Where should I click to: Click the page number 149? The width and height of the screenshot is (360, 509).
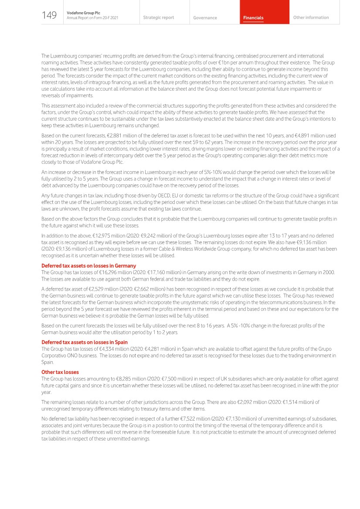pyautogui.click(x=49, y=16)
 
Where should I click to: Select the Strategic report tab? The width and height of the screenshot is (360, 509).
pyautogui.click(x=158, y=17)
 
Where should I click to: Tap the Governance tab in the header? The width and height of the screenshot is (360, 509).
pyautogui.click(x=205, y=18)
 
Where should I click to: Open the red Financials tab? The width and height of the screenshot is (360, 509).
pyautogui.click(x=253, y=18)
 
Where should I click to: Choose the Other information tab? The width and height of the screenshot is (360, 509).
pyautogui.click(x=311, y=17)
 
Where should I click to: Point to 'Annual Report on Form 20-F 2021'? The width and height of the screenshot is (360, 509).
pyautogui.click(x=92, y=18)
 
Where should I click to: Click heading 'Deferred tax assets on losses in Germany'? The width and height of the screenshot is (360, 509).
pyautogui.click(x=88, y=266)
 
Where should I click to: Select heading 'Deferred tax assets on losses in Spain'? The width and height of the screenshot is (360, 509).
pyautogui.click(x=84, y=342)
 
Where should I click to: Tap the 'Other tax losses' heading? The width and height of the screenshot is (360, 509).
pyautogui.click(x=60, y=372)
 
